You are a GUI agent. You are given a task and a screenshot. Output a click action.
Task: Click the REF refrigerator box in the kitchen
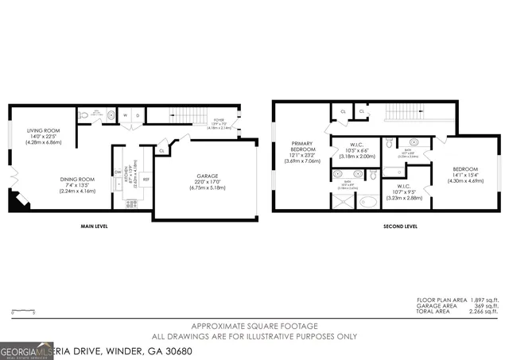coord(146,179)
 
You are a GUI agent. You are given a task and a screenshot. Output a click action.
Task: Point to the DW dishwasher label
coord(117,172)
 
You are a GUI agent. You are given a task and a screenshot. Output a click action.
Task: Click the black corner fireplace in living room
coord(17,202)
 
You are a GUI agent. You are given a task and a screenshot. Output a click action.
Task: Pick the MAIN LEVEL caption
coord(94,226)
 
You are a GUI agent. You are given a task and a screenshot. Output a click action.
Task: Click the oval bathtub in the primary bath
coord(367,202)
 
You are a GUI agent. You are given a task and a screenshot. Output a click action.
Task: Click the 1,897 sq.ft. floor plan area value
coord(480,300)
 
